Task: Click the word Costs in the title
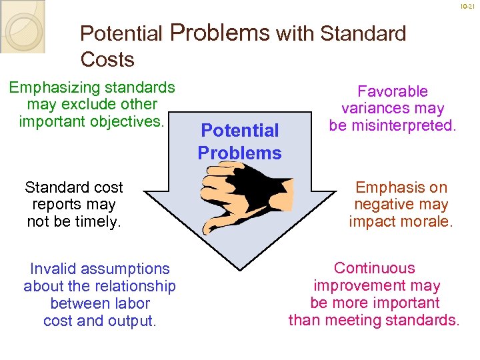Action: [x=107, y=59]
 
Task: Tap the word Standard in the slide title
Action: [x=364, y=33]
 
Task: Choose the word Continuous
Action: [x=374, y=269]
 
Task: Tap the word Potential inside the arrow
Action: [x=239, y=131]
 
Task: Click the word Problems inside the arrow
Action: [x=239, y=153]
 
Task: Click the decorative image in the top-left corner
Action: [x=22, y=25]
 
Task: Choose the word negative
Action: [x=382, y=205]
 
